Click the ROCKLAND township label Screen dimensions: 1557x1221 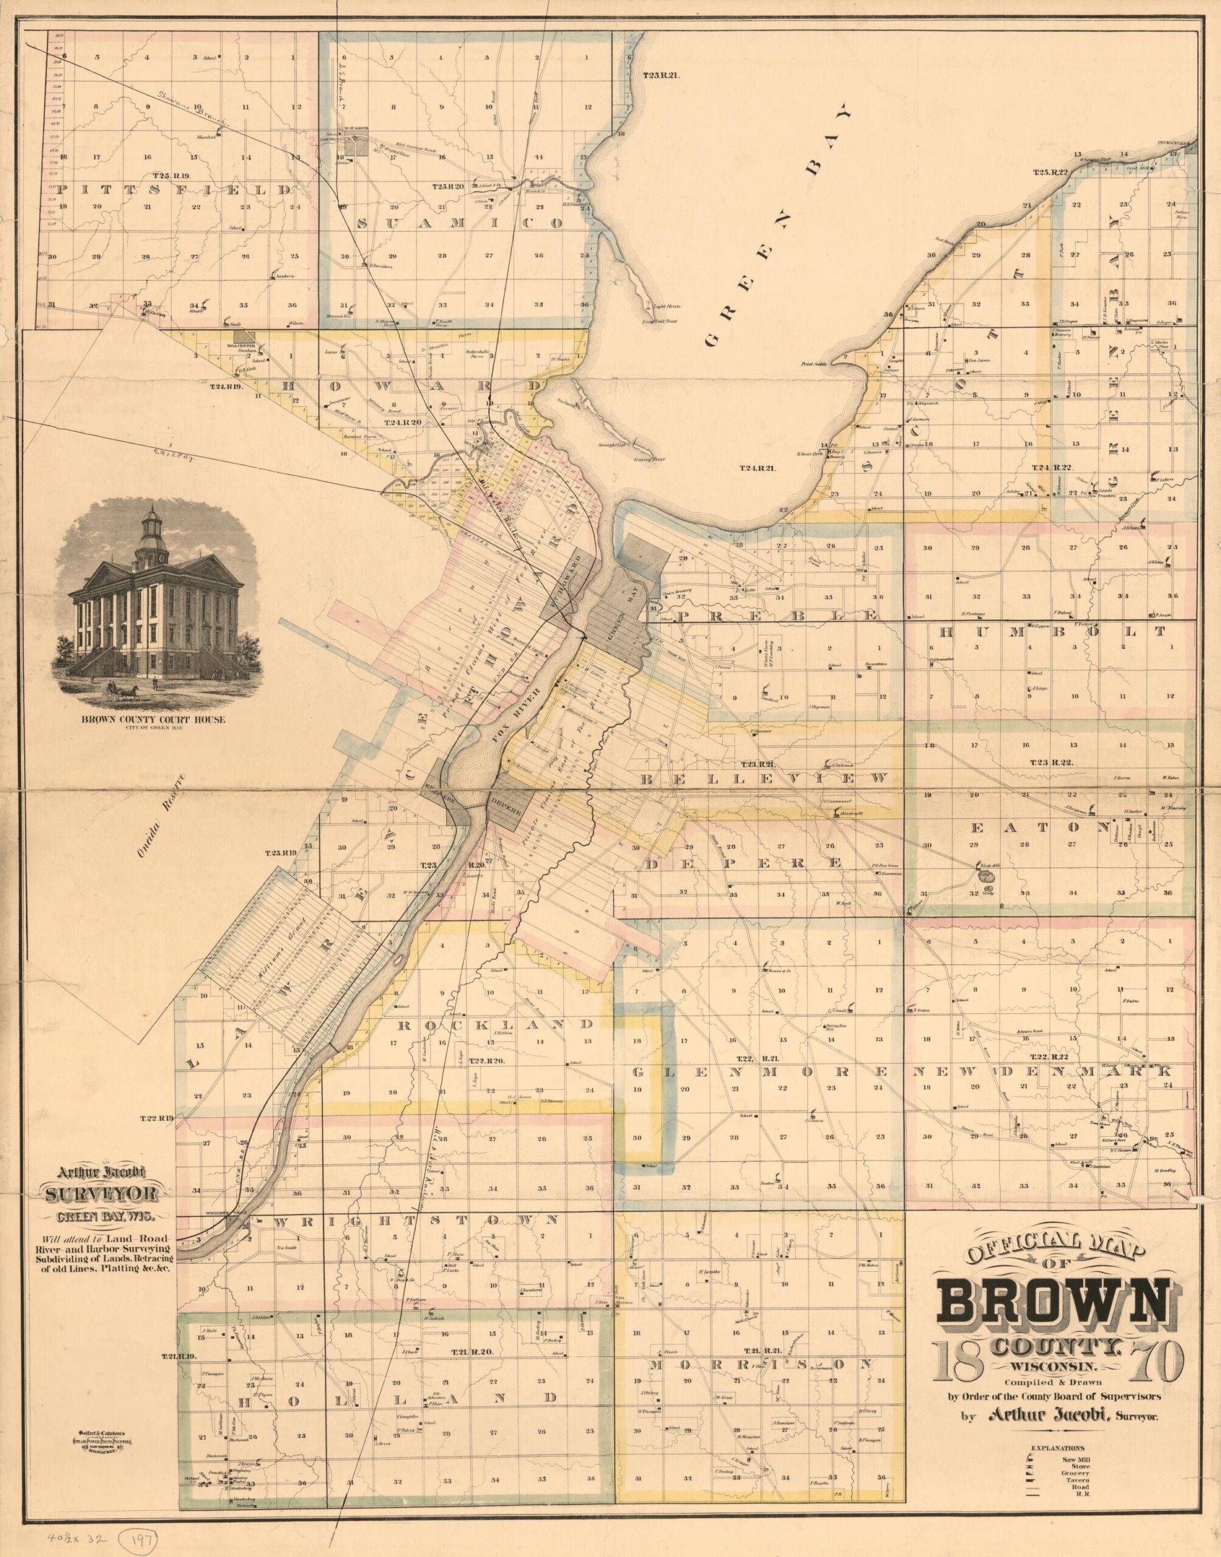pos(494,1025)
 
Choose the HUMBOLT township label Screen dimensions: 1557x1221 pos(1051,632)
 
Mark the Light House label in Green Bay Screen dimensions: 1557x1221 pos(666,307)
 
